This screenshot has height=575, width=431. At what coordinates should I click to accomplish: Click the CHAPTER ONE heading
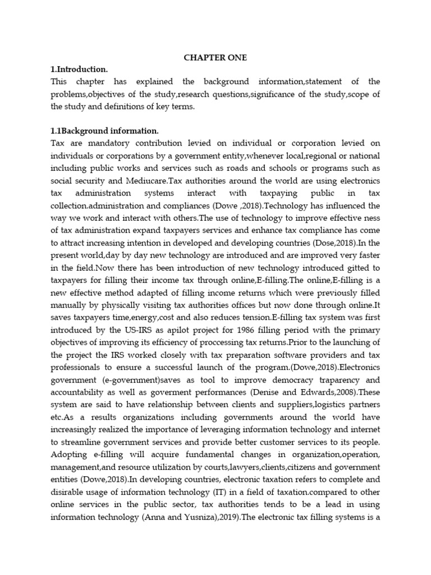[x=215, y=58]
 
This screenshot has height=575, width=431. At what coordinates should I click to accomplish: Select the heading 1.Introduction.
[x=79, y=70]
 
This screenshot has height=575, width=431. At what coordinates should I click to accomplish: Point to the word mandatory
[x=107, y=143]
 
